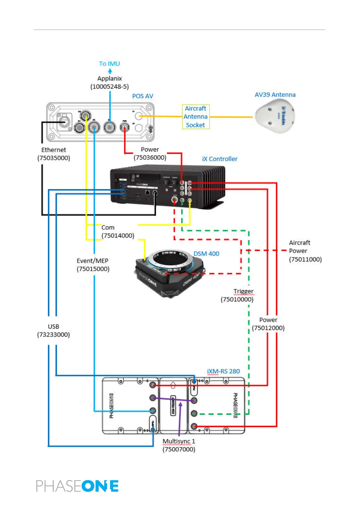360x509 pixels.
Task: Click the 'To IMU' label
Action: tap(109, 64)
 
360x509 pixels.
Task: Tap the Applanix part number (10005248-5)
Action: tap(109, 87)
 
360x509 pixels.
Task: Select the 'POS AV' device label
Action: tap(143, 96)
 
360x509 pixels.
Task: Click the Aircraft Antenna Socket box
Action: tap(196, 117)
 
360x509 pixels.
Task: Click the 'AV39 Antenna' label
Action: tap(275, 95)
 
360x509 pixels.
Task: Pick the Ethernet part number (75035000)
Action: tap(54, 158)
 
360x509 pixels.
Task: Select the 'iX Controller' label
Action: tap(220, 159)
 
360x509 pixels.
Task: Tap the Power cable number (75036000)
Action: tap(150, 157)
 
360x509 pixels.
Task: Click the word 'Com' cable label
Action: tap(108, 228)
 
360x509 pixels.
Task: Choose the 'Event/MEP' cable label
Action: tap(92, 261)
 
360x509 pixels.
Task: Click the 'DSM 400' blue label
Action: tap(206, 254)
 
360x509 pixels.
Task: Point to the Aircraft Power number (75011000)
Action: tap(305, 259)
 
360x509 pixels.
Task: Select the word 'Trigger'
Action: tap(243, 291)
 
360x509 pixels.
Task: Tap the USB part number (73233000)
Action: tap(54, 335)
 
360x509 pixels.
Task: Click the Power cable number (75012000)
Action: tap(268, 328)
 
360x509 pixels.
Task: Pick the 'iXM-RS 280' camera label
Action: tap(223, 371)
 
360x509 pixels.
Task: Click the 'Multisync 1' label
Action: tap(179, 441)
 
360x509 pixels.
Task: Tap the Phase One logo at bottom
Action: tap(77, 486)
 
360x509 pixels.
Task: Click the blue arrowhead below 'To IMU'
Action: tap(110, 71)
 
